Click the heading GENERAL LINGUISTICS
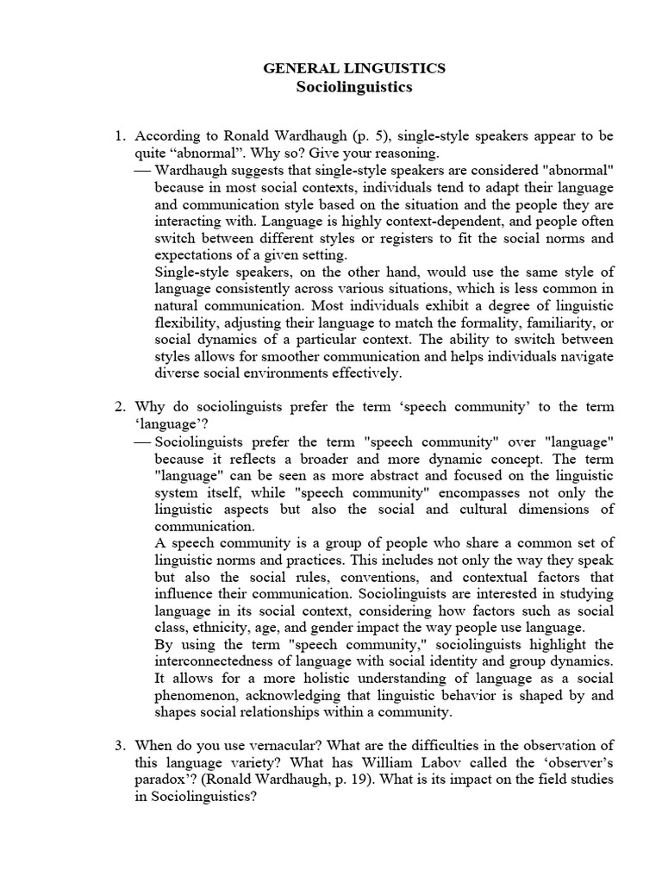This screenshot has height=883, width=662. tap(354, 68)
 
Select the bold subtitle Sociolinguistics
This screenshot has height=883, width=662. tap(354, 87)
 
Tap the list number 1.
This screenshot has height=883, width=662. tap(120, 137)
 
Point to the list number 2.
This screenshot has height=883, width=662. tap(120, 406)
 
